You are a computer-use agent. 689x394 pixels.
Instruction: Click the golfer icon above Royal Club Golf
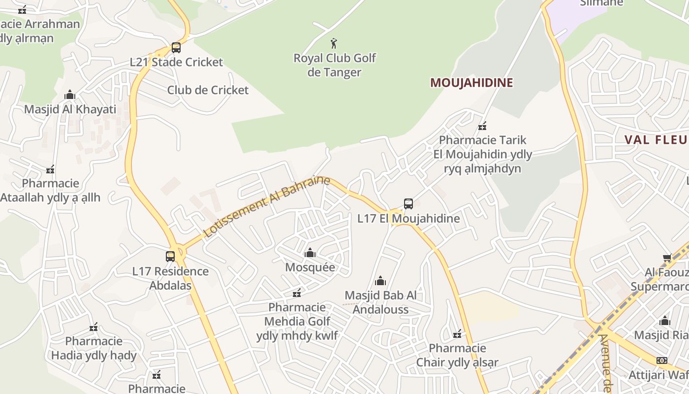[334, 43]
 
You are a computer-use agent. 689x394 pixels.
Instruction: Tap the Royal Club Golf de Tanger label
[335, 65]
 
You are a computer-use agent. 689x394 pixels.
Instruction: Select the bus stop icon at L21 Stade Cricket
[176, 48]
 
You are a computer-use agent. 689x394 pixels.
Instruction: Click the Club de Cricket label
[208, 90]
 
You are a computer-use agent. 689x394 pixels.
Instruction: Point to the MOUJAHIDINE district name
[471, 83]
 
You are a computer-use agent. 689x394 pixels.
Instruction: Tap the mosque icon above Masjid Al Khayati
[70, 95]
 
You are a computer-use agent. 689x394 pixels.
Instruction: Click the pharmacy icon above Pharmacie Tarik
[482, 126]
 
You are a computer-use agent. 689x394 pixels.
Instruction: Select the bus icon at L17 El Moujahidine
[408, 204]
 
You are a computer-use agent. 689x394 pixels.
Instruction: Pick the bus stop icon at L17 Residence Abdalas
[170, 257]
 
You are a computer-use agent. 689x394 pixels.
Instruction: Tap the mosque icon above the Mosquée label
[310, 253]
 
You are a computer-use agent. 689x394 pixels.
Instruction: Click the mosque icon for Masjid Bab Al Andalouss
[380, 281]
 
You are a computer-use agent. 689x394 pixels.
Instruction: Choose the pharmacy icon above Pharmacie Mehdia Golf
[297, 294]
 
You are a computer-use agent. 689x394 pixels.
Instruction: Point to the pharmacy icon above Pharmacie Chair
[457, 334]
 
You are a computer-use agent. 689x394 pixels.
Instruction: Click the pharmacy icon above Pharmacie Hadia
[94, 327]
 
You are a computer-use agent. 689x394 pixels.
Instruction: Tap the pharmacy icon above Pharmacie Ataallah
[50, 170]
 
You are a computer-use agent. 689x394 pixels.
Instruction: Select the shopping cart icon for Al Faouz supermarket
[667, 258]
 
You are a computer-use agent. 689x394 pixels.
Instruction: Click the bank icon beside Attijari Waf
[662, 361]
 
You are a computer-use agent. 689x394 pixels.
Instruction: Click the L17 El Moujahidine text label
[408, 219]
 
